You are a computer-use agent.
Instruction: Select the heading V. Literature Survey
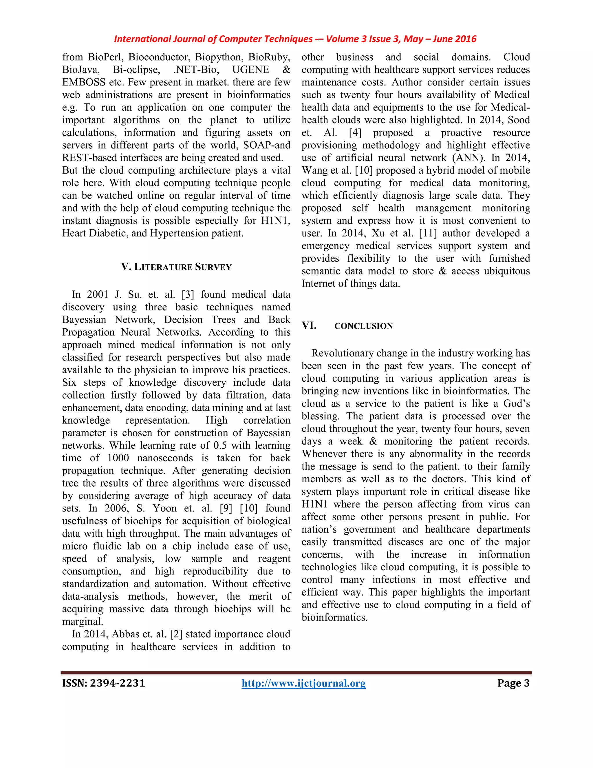(x=176, y=267)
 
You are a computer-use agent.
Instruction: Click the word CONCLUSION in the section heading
(x=363, y=326)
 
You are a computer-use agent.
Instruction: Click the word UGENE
(x=250, y=70)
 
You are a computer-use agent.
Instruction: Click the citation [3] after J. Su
(x=188, y=294)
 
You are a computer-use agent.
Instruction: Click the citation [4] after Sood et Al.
(x=355, y=132)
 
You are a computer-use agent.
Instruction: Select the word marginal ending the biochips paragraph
(x=82, y=622)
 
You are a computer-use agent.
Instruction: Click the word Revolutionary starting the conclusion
(x=342, y=353)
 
